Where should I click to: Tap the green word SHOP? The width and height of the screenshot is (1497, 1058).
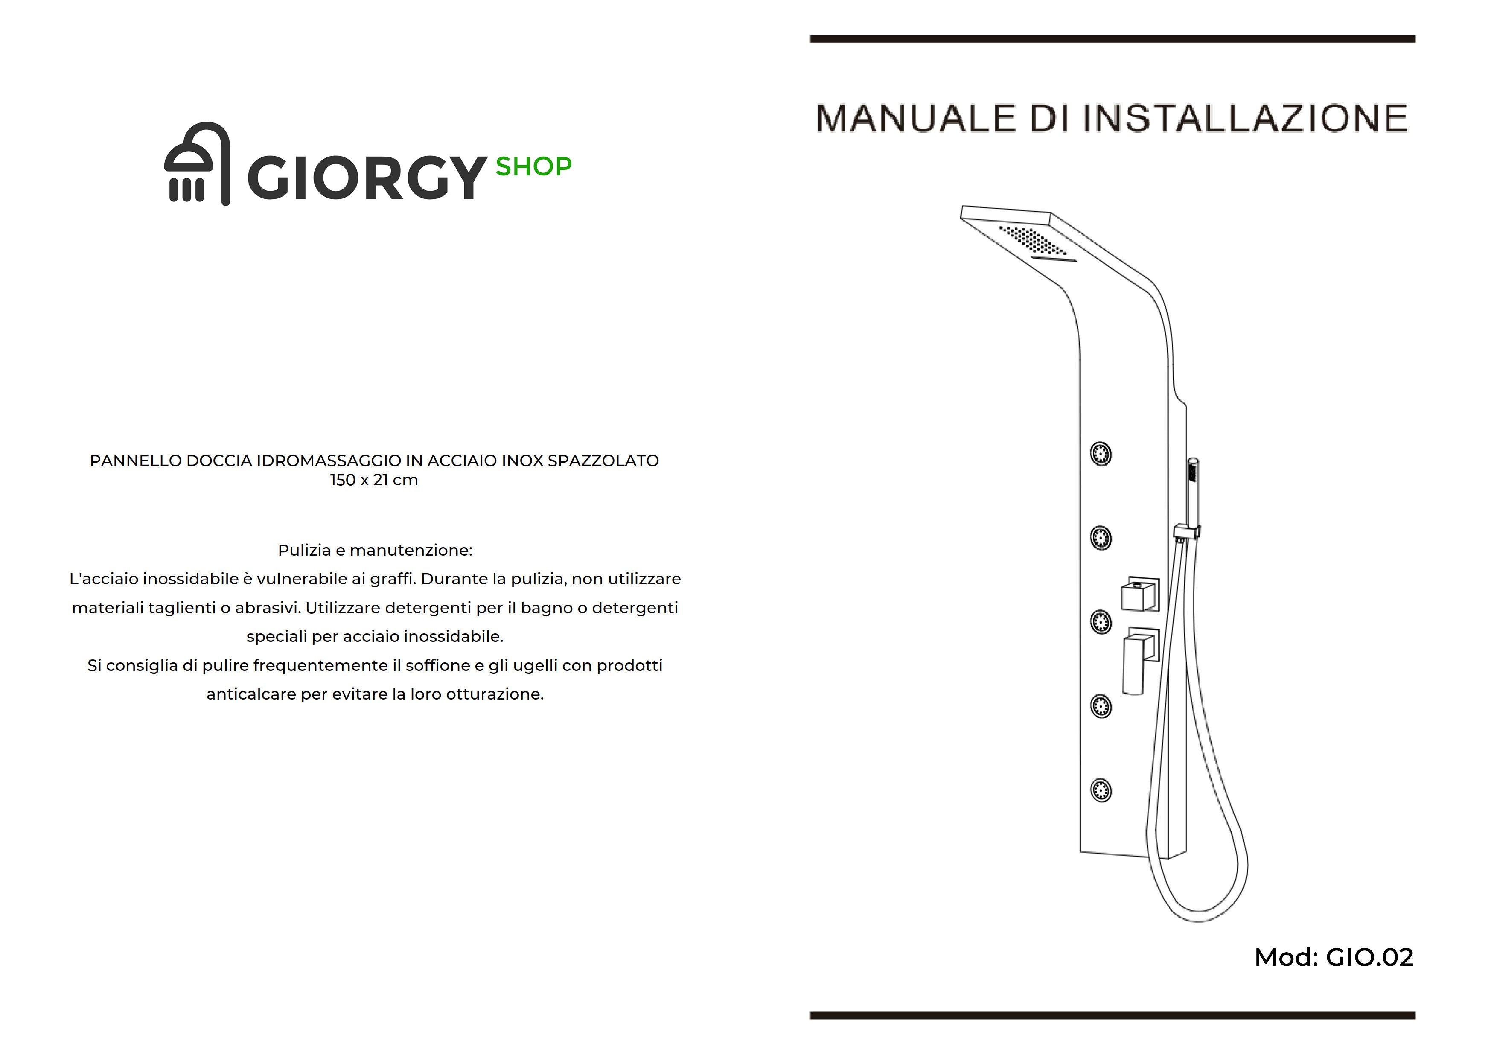click(533, 167)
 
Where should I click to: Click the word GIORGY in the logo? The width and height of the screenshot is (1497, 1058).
click(367, 177)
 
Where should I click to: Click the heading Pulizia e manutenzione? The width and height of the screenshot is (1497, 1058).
click(375, 550)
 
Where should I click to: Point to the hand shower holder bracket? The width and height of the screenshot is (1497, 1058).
click(1187, 533)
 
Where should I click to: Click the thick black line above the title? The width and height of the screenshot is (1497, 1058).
click(1113, 39)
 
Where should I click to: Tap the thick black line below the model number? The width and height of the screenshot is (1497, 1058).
click(1113, 1015)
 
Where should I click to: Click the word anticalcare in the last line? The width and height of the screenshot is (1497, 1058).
click(251, 694)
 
